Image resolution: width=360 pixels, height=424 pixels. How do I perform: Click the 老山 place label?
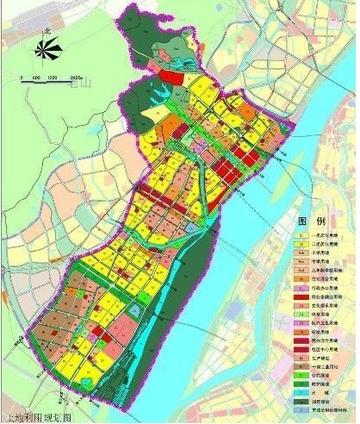point(99,88)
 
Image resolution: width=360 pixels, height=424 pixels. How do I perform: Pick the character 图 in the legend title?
point(304,219)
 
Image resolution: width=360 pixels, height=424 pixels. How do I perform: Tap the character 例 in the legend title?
point(324,219)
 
